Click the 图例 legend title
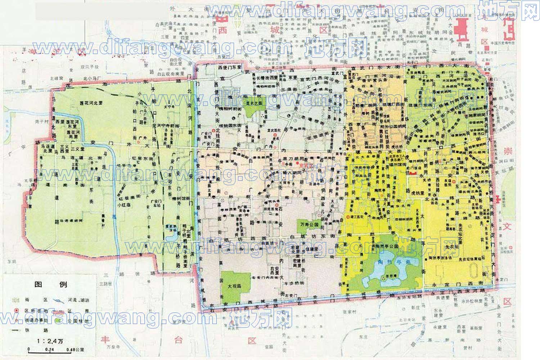click(x=51, y=284)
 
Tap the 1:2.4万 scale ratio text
click(x=50, y=341)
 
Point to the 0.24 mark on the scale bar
click(x=49, y=349)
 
